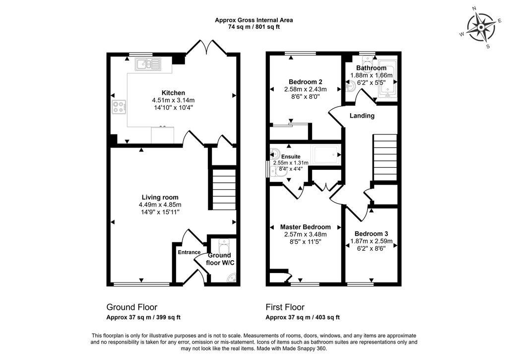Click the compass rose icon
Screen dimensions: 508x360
481,28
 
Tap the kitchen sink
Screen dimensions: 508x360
148,64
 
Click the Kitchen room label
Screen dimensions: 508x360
173,93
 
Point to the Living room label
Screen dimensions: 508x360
160,197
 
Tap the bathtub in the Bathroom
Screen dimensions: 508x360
387,79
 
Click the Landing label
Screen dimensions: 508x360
362,116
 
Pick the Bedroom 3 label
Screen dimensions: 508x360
371,234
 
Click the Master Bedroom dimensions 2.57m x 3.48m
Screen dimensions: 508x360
306,234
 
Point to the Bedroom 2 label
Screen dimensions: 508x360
306,82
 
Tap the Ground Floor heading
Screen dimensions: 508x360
132,307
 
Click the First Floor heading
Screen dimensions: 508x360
285,307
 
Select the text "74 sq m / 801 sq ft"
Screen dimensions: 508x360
254,27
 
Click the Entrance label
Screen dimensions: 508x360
189,252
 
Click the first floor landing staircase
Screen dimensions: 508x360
385,157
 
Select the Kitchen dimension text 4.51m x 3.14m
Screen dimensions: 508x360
173,100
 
